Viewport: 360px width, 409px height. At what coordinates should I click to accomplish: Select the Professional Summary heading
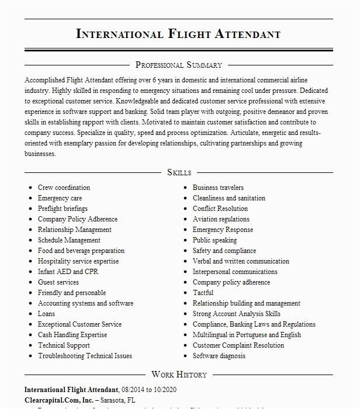(179, 65)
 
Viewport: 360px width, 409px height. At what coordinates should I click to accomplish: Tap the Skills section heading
(179, 172)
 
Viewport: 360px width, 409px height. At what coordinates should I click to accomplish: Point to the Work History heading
(179, 375)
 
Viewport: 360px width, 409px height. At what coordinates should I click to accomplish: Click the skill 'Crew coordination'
(64, 188)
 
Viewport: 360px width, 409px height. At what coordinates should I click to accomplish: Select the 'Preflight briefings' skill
(63, 209)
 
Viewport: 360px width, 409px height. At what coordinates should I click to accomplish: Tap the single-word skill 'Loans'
(47, 314)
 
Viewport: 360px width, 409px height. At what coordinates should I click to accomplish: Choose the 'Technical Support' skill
(64, 345)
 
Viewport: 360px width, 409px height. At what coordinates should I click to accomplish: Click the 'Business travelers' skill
(218, 188)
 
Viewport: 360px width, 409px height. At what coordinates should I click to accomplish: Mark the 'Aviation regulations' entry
(221, 219)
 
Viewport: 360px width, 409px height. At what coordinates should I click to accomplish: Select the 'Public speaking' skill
(214, 240)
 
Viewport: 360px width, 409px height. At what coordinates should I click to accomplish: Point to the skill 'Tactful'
(203, 293)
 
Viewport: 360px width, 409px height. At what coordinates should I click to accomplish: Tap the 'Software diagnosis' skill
(219, 356)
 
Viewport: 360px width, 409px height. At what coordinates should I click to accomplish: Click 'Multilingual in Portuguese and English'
(247, 335)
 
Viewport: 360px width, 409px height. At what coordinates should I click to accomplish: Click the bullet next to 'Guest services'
(29, 283)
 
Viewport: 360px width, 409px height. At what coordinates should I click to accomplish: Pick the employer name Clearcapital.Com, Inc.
(58, 400)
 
